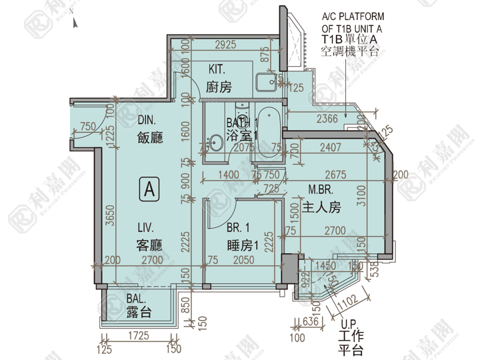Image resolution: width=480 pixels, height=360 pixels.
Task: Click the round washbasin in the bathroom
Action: pyautogui.click(x=215, y=142)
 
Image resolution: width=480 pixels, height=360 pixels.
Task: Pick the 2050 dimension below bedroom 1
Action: pyautogui.click(x=243, y=260)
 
